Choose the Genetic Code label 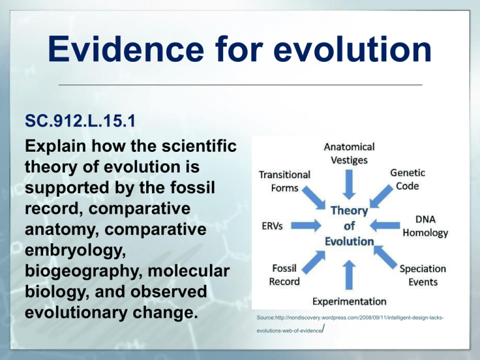[x=408, y=179]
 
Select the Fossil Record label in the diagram [x=284, y=274]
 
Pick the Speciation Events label [x=422, y=275]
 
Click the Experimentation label [x=349, y=301]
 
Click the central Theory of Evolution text [x=349, y=226]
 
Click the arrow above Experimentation [x=349, y=270]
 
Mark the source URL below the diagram [x=350, y=323]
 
